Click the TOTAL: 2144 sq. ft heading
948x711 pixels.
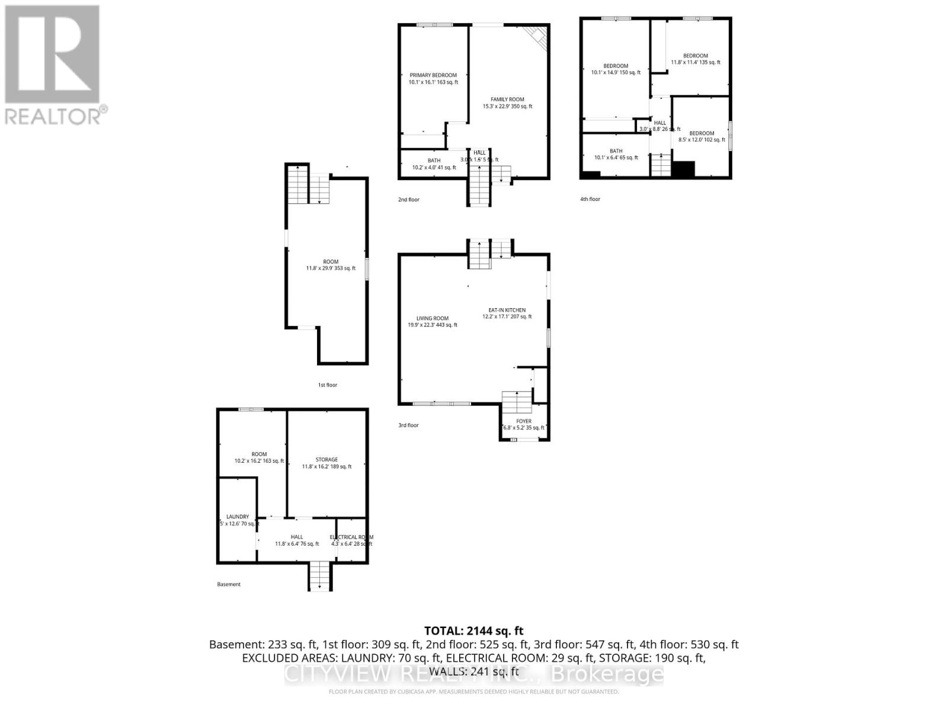(x=473, y=631)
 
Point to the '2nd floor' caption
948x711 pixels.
(x=408, y=200)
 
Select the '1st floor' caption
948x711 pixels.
(x=327, y=385)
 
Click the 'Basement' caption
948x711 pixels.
(x=229, y=584)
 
